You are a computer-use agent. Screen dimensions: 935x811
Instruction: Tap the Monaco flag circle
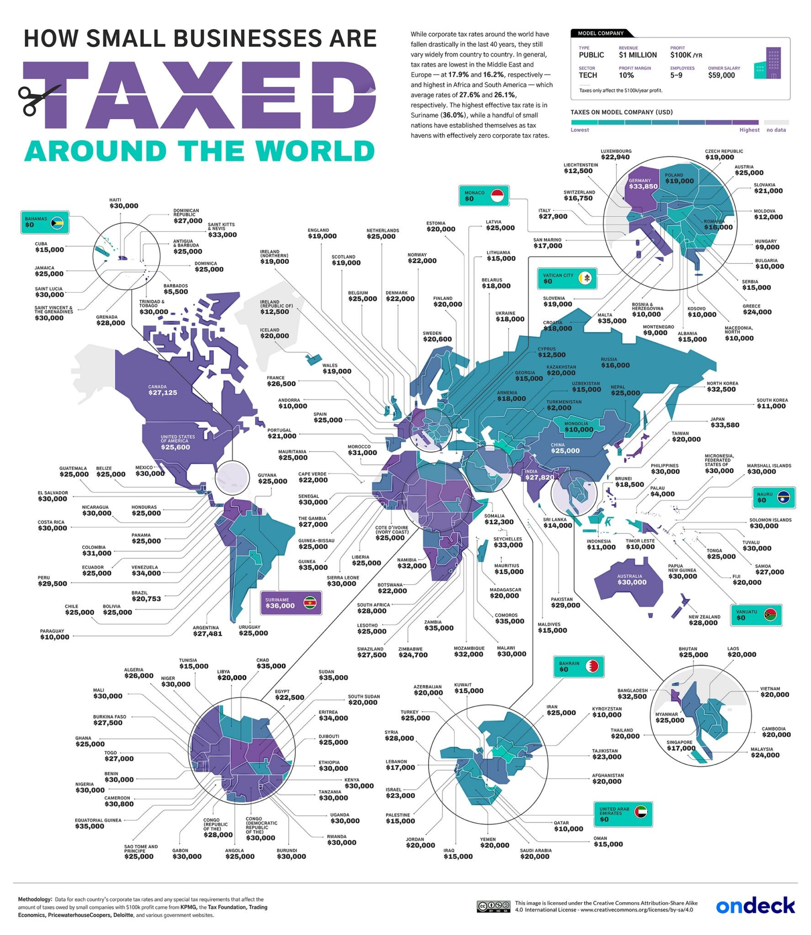[497, 196]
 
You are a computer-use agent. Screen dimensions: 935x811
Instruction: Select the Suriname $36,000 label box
[291, 603]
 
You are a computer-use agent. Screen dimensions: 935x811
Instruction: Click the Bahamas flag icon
[58, 222]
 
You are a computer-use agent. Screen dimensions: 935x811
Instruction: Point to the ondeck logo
[755, 905]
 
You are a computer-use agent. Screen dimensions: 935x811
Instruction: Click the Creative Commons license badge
[493, 906]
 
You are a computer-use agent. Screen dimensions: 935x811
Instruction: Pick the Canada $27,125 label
[162, 390]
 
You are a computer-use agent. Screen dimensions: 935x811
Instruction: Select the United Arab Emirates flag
[641, 811]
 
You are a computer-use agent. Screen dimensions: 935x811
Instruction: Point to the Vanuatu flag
[770, 615]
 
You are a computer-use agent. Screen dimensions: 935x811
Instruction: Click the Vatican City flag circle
[585, 278]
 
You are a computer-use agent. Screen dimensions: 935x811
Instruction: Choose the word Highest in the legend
[749, 130]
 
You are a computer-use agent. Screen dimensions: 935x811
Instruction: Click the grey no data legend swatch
[776, 122]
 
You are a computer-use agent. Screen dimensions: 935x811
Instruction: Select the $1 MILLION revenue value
[637, 55]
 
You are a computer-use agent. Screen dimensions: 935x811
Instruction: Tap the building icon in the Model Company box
[768, 63]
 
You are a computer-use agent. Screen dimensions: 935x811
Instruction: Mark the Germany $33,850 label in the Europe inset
[642, 184]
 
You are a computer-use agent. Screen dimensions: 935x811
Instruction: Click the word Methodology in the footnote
[35, 899]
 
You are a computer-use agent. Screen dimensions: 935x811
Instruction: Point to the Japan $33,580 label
[724, 422]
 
